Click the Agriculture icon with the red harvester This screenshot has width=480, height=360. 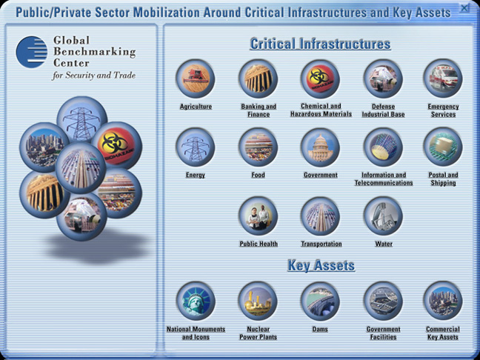point(196,79)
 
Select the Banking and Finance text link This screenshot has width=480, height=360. point(259,110)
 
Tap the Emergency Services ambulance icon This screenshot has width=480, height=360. point(443,79)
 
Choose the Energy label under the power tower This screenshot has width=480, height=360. point(196,175)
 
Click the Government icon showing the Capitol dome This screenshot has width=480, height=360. point(320,147)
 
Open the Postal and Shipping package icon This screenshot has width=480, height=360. point(443,147)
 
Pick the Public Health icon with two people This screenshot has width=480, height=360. point(259,216)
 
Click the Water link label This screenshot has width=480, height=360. point(384,244)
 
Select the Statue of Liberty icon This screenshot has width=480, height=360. point(196,301)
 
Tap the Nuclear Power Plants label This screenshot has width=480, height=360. point(258,333)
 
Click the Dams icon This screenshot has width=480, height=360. point(320,301)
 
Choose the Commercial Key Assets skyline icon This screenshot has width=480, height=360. point(443,301)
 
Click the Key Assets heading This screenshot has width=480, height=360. point(321,265)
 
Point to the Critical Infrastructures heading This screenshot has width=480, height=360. point(320,44)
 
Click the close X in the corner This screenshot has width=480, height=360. point(464,8)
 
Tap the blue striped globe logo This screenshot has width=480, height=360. point(32,52)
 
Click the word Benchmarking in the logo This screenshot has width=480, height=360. point(95,52)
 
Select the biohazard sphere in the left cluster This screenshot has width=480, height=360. point(116,146)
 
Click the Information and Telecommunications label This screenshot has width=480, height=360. point(384,179)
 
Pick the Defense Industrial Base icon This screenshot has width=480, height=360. point(383,79)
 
